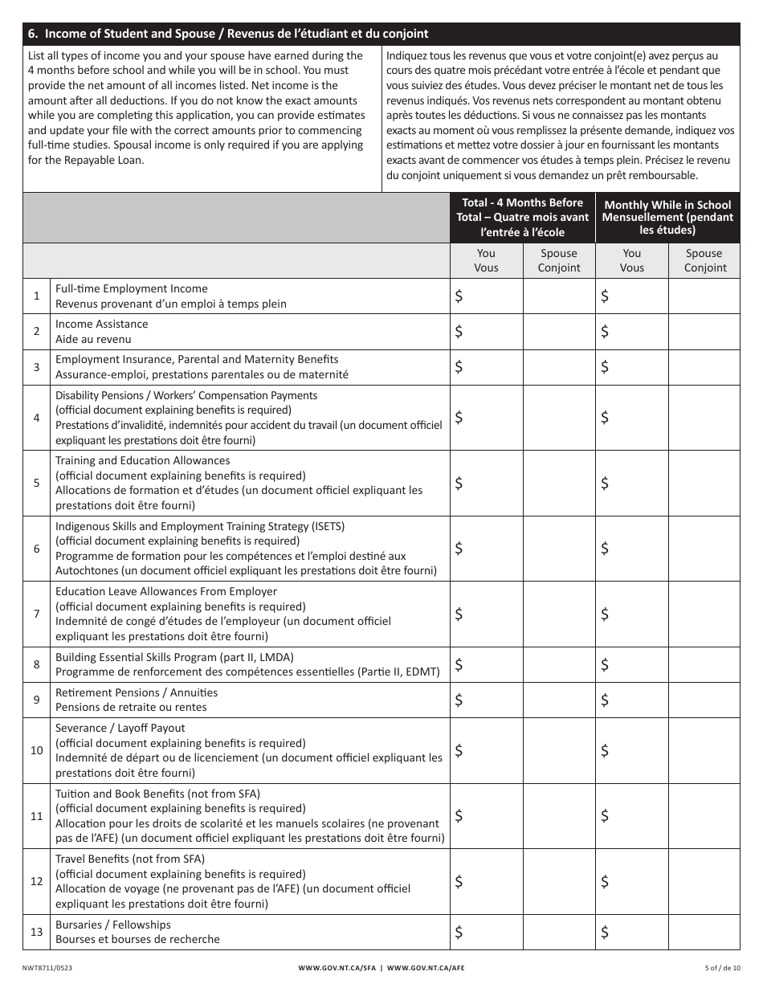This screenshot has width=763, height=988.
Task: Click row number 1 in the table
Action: (37, 296)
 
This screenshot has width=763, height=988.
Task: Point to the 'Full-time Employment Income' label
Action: (132, 288)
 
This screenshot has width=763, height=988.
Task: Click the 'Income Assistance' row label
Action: (102, 324)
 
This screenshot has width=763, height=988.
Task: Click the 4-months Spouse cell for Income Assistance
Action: (559, 332)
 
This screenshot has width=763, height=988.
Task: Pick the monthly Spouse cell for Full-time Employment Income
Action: (704, 296)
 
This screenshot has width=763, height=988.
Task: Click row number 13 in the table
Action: (37, 933)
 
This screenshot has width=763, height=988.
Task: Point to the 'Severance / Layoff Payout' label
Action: (120, 728)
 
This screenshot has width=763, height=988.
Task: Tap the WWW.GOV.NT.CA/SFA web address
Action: (337, 968)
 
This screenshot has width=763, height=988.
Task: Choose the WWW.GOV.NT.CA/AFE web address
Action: (426, 968)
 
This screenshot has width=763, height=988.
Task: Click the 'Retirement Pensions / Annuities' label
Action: (137, 692)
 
